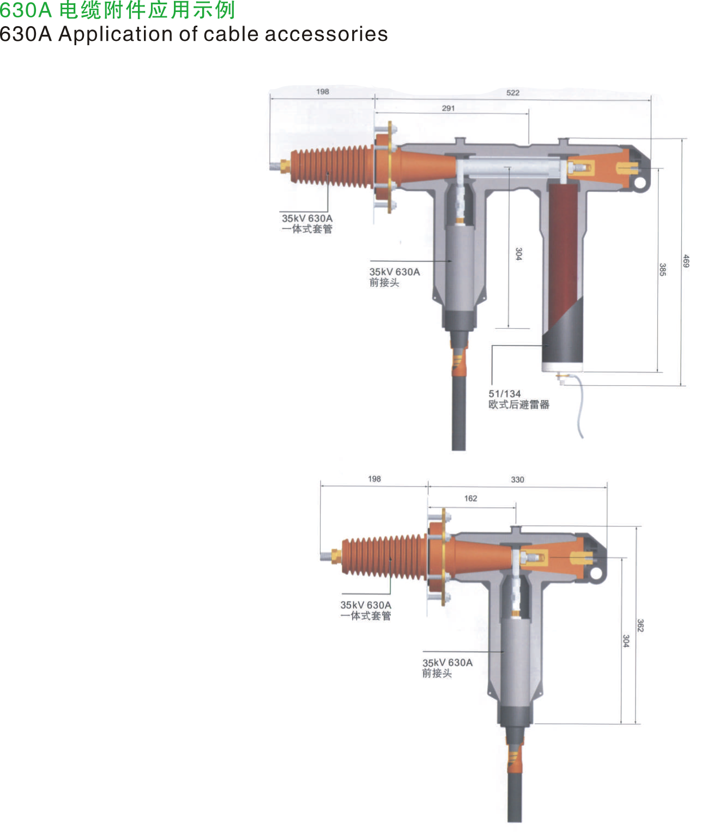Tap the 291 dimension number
[448, 108]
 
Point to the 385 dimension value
[662, 269]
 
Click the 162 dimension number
[470, 498]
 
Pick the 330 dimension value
[517, 480]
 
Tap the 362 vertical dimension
[640, 626]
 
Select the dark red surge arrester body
[564, 257]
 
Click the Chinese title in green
[117, 10]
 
